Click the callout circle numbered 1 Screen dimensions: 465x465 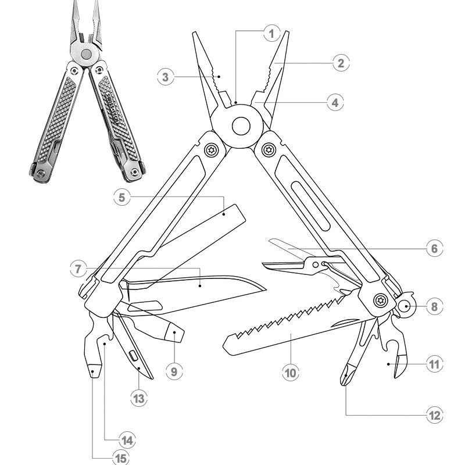coord(271,33)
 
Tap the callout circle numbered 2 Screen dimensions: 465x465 coord(341,63)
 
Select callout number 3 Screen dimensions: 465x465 coord(166,77)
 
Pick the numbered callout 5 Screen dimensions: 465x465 coord(122,198)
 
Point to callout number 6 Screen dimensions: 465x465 coord(434,248)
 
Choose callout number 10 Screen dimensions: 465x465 coord(291,372)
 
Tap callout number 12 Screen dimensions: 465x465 coord(434,415)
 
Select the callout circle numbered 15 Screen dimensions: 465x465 coord(120,459)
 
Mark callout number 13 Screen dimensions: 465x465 coord(138,398)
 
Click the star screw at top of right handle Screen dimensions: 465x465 coord(268,149)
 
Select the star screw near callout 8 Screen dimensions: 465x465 coord(380,301)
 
